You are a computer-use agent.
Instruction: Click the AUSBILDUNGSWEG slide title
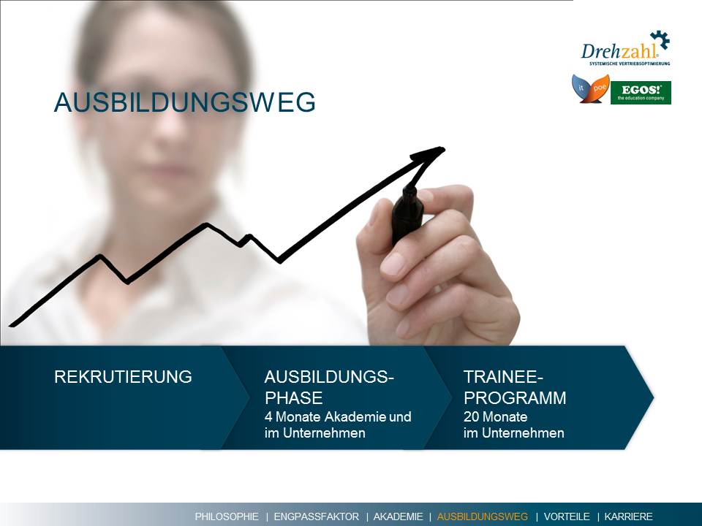click(x=184, y=102)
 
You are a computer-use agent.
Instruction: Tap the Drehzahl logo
click(x=625, y=48)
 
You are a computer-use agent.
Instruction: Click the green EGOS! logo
click(x=641, y=93)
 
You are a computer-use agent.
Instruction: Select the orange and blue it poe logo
click(x=591, y=88)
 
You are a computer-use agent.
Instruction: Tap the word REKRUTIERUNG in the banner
click(x=123, y=377)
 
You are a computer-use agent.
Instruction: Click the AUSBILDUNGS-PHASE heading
click(x=329, y=387)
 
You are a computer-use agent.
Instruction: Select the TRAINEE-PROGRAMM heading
click(x=515, y=387)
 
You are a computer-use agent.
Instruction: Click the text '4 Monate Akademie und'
click(x=338, y=416)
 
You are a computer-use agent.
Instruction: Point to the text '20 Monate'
click(x=495, y=416)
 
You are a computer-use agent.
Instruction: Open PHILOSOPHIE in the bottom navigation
click(x=227, y=517)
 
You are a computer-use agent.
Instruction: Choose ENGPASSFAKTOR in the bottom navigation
click(x=316, y=517)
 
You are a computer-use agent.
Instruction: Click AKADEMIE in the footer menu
click(x=398, y=517)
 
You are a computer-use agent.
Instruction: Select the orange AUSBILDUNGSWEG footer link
click(x=483, y=517)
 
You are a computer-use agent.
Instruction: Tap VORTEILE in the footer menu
click(x=567, y=517)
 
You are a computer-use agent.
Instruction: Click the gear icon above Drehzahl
click(x=660, y=39)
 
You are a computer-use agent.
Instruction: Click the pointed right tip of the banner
click(x=653, y=397)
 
